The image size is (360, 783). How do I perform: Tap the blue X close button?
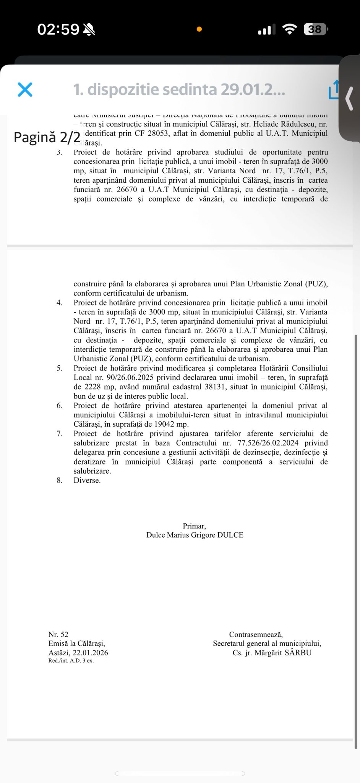(25, 90)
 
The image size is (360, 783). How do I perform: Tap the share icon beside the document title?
(334, 90)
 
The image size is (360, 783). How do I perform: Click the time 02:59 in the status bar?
(58, 29)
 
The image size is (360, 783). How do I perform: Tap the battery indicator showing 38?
(315, 29)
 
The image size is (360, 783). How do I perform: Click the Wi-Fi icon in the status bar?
(289, 29)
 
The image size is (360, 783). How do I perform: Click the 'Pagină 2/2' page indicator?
(47, 137)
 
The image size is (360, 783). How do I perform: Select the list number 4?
(60, 303)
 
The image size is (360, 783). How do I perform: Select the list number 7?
(60, 434)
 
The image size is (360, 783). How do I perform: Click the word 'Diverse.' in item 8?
(87, 480)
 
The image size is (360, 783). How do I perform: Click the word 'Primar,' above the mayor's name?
(195, 526)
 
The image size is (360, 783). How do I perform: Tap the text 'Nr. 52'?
(58, 634)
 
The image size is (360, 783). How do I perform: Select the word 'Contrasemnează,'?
(256, 635)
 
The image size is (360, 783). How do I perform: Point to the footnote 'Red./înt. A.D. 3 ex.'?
(71, 661)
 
